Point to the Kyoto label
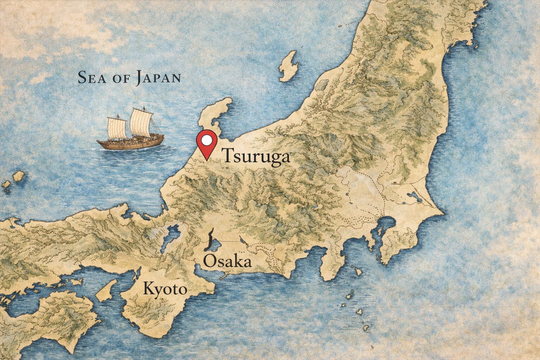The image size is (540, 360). [x=165, y=290]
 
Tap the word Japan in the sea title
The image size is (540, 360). [x=158, y=78]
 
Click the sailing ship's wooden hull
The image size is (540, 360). [x=130, y=141]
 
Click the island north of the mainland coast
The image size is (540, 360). [x=289, y=66]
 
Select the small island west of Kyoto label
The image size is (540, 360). [x=107, y=290]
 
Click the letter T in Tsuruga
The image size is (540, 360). [x=228, y=155]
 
